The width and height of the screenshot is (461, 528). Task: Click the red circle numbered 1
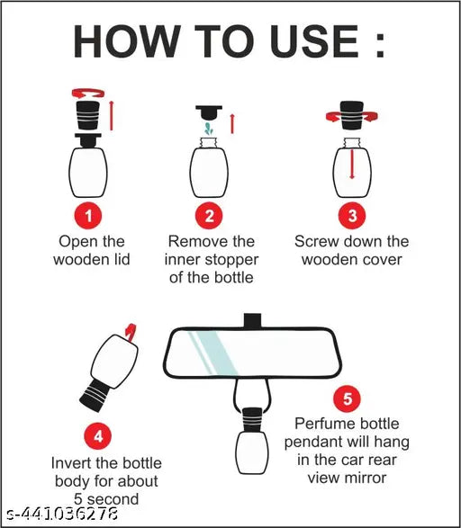pyautogui.click(x=88, y=216)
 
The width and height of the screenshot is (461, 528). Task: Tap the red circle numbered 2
pyautogui.click(x=209, y=216)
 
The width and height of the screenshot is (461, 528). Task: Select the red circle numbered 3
pyautogui.click(x=352, y=216)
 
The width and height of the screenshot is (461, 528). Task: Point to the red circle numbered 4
pyautogui.click(x=98, y=437)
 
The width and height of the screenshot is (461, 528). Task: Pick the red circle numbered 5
pyautogui.click(x=347, y=399)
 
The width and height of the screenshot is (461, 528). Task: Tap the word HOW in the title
pyautogui.click(x=127, y=41)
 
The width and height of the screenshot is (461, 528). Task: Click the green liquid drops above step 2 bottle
pyautogui.click(x=209, y=129)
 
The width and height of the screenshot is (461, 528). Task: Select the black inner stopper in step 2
pyautogui.click(x=209, y=112)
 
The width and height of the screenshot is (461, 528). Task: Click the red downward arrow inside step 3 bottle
pyautogui.click(x=352, y=164)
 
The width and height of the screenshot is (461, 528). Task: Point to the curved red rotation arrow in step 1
pyautogui.click(x=88, y=94)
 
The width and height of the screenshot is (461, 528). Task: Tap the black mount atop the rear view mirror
pyautogui.click(x=252, y=320)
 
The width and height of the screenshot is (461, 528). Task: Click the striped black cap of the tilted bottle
pyautogui.click(x=95, y=396)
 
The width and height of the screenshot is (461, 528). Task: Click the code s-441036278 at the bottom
pyautogui.click(x=62, y=515)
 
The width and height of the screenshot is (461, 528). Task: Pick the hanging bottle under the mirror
pyautogui.click(x=252, y=441)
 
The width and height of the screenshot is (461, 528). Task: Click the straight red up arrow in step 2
pyautogui.click(x=232, y=124)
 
